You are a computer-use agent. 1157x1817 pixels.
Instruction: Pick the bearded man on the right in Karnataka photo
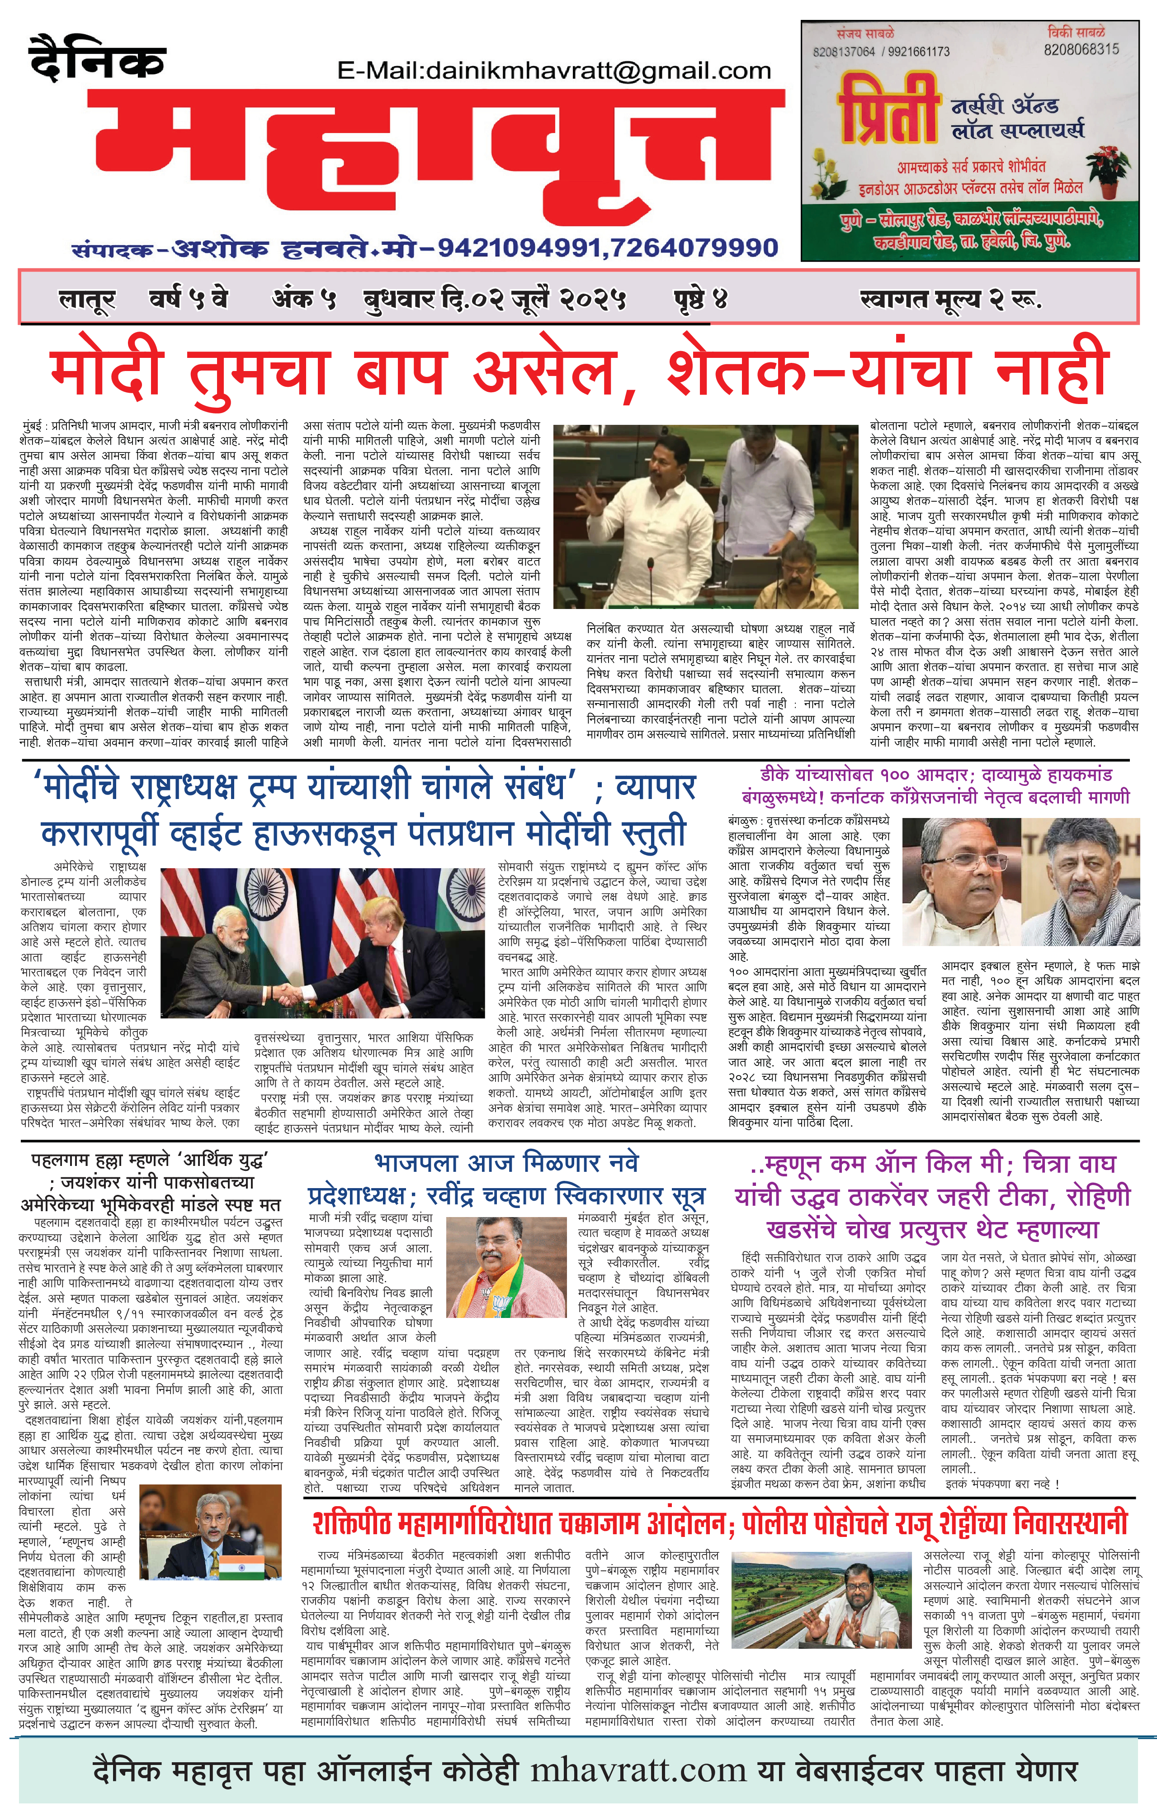pos(1079,875)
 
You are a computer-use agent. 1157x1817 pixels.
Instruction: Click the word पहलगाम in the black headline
pos(71,1160)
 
